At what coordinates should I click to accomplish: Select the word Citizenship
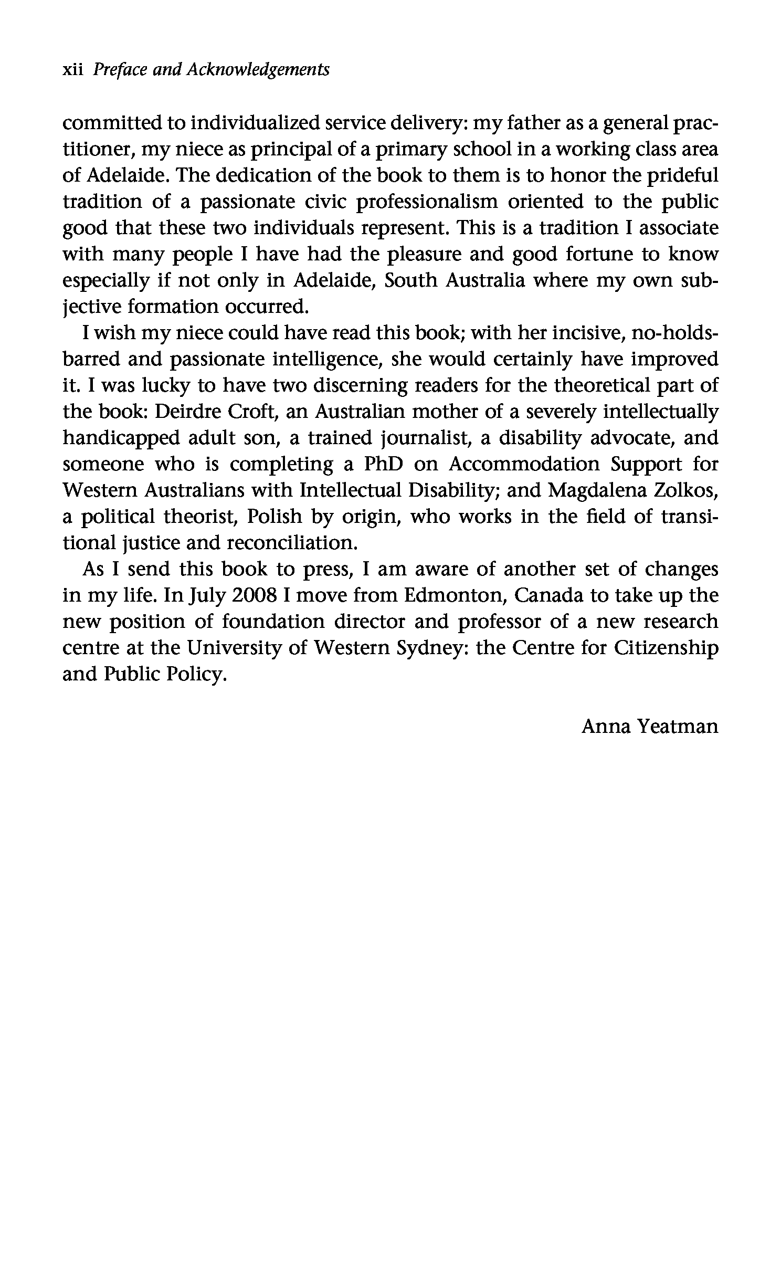(666, 648)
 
